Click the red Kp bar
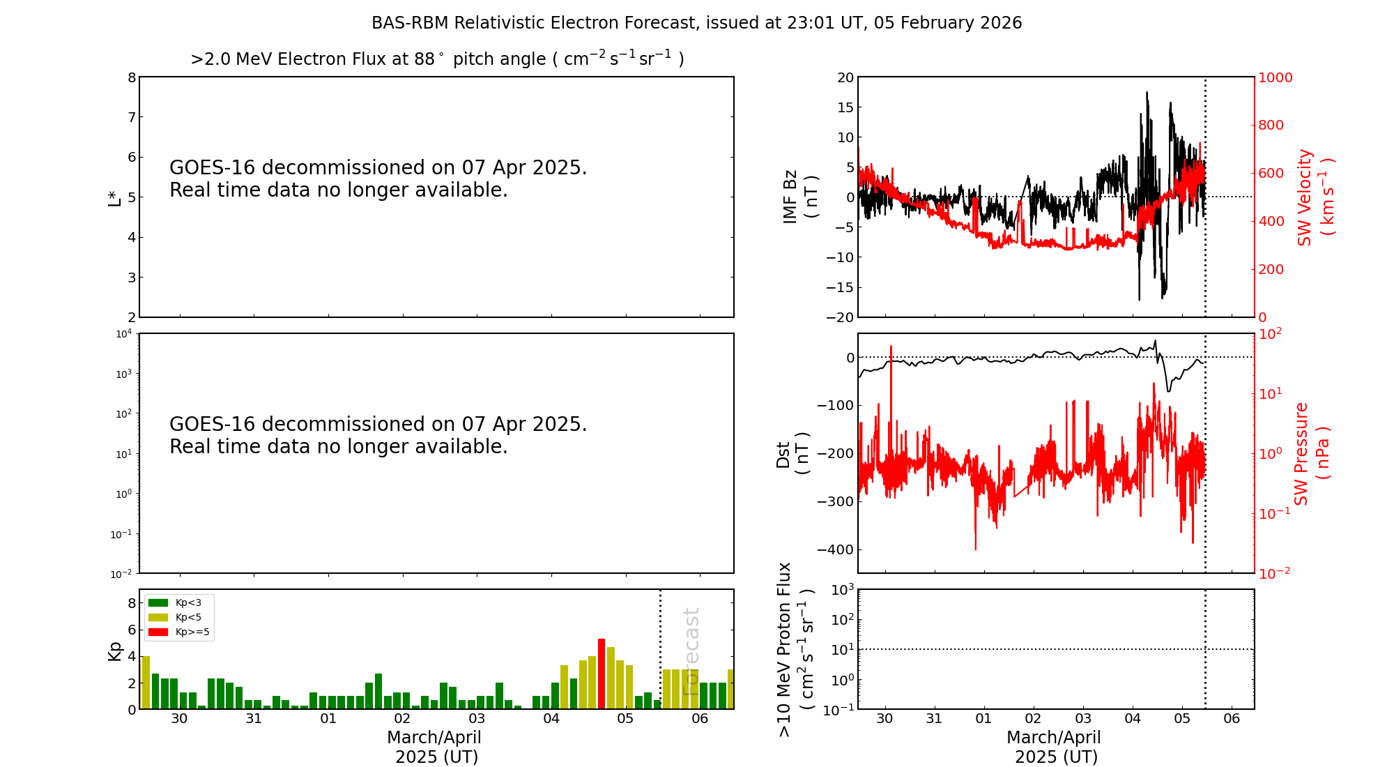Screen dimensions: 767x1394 click(x=601, y=674)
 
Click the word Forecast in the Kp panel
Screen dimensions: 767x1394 click(x=690, y=651)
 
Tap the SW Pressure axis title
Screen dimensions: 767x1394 click(x=1311, y=454)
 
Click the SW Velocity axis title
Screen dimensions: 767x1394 click(x=1315, y=197)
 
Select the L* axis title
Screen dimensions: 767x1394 click(x=114, y=197)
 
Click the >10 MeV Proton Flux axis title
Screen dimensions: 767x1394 click(x=795, y=649)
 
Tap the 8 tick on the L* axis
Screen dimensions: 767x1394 click(x=132, y=77)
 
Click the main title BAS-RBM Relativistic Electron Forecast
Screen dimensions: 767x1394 click(x=696, y=23)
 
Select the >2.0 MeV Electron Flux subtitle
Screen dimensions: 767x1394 click(x=437, y=59)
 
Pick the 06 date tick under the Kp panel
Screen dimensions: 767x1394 click(x=700, y=719)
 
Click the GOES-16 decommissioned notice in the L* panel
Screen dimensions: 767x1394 click(x=378, y=179)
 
